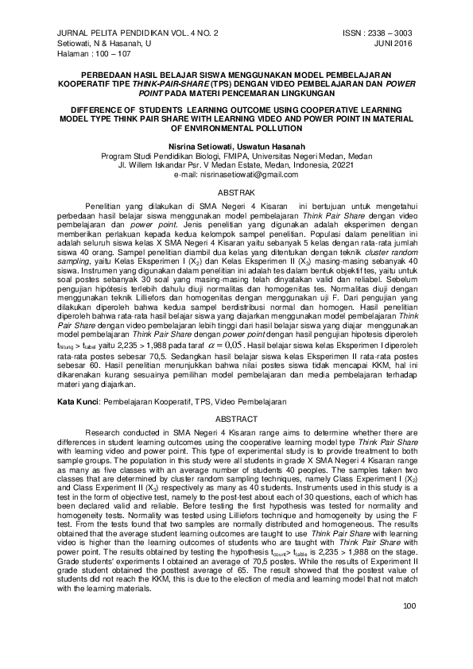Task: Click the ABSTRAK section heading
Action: (x=236, y=193)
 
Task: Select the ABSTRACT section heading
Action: (x=236, y=419)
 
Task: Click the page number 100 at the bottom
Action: (x=410, y=629)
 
